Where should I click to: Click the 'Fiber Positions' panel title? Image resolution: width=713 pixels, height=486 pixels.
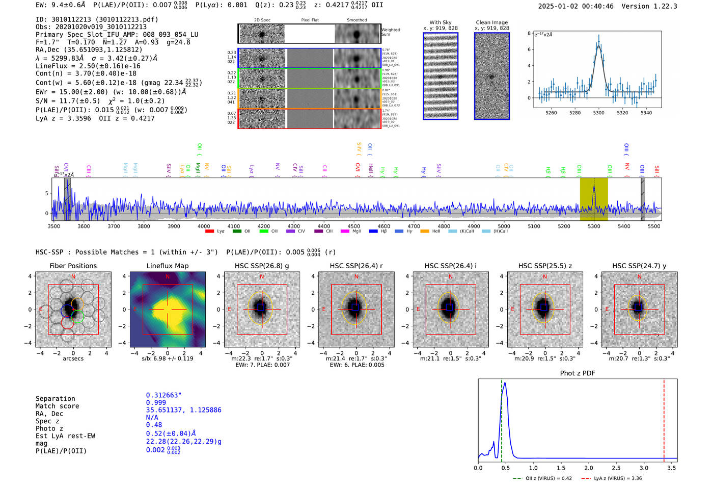[73, 266]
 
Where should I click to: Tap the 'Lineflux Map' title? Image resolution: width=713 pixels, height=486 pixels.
[168, 266]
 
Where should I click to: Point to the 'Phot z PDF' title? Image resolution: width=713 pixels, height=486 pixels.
[578, 373]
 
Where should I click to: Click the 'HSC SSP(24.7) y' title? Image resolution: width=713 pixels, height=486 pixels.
[639, 266]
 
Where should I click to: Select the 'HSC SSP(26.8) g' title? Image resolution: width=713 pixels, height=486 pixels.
[262, 266]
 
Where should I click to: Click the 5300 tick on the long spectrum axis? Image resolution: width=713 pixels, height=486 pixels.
[594, 226]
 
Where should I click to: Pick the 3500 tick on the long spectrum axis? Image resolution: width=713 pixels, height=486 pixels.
[53, 226]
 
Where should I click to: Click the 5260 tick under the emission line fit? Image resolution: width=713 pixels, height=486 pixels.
[551, 113]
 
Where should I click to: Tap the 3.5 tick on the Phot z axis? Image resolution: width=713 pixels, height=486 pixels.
[672, 468]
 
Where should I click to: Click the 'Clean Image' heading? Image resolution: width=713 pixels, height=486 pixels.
[491, 22]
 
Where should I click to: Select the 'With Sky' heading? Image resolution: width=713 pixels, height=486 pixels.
[440, 22]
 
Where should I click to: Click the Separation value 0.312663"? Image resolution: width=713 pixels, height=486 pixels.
[163, 395]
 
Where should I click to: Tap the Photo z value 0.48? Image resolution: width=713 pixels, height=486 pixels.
[154, 425]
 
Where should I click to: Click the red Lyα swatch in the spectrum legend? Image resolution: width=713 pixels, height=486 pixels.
[209, 232]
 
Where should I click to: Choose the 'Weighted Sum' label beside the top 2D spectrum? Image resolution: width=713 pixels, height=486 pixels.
[390, 32]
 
